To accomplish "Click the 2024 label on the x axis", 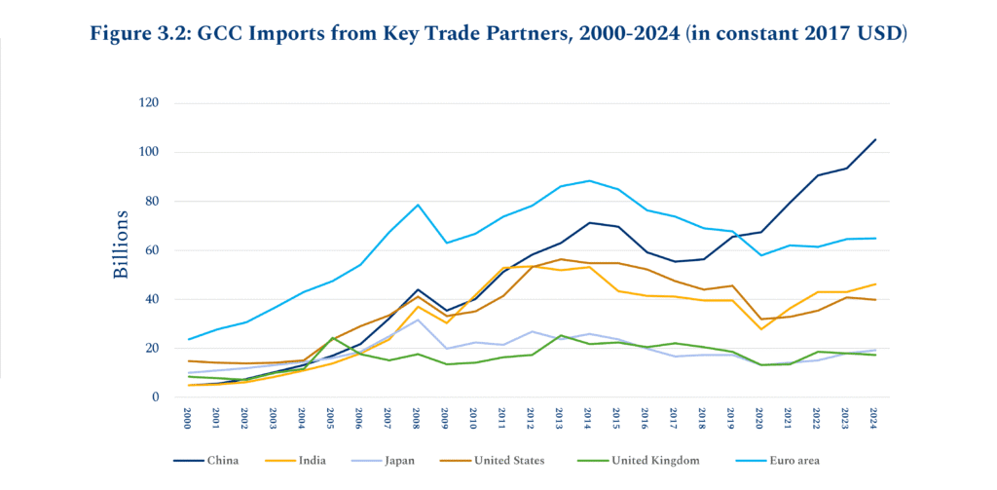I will coord(875,417).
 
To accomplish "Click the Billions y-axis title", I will coord(121,244).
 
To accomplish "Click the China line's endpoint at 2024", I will coord(875,139).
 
